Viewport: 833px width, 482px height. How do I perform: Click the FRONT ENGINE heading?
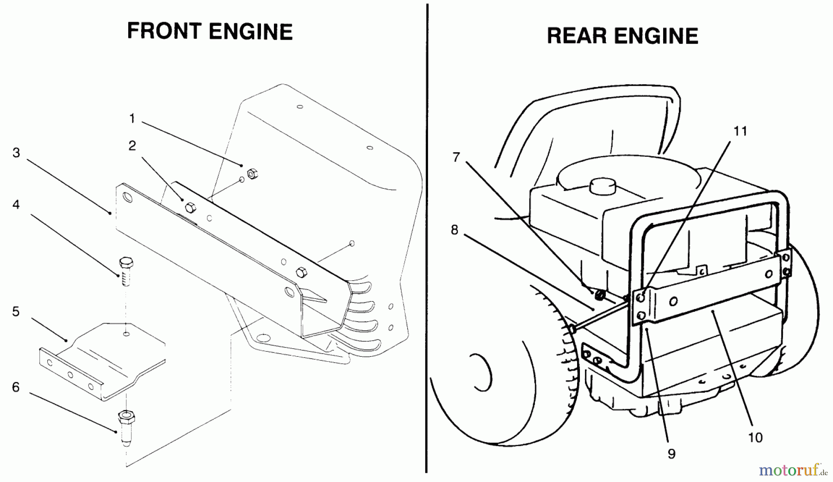pos(210,31)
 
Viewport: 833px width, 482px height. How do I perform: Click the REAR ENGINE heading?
pos(622,36)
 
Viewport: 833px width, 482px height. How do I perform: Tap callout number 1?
pos(132,119)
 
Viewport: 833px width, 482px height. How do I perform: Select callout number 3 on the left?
pos(16,153)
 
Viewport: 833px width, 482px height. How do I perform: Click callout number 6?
pos(16,387)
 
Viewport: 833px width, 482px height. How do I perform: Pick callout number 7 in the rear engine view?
pos(456,157)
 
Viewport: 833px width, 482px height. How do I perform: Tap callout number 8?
pos(454,229)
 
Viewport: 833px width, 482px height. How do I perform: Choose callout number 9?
pos(671,454)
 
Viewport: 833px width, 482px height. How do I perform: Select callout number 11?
pos(740,131)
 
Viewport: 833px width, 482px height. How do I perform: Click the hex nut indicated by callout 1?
pos(253,174)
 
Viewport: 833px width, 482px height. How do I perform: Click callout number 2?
pos(132,146)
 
